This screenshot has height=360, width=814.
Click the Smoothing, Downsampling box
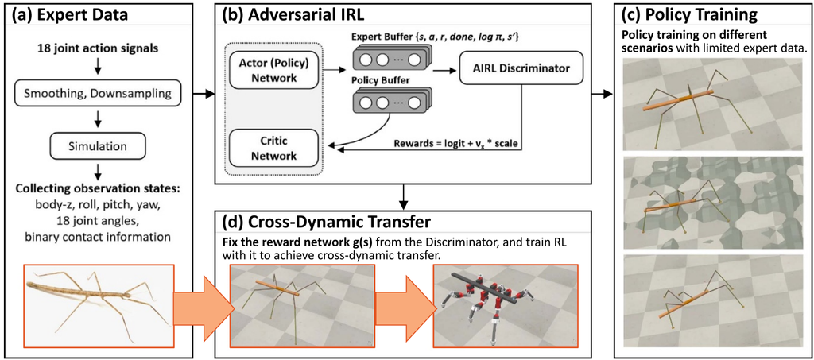tap(98, 95)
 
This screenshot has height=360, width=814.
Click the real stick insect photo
tap(98, 304)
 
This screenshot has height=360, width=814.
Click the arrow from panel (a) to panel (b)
tap(204, 95)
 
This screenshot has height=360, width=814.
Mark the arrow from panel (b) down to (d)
tap(403, 195)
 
